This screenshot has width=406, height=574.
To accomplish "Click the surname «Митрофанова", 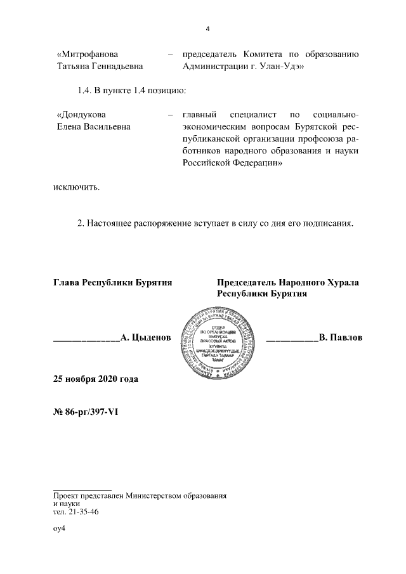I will (87, 54).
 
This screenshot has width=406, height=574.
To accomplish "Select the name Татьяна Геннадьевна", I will (100, 65).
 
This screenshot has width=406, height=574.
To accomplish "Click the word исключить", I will (76, 187).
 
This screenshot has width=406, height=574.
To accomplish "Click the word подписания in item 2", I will (331, 224).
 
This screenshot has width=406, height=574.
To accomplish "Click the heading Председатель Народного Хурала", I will (288, 282).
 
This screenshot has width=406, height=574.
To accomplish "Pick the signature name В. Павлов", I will (341, 338).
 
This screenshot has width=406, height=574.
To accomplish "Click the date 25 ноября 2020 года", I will (95, 379).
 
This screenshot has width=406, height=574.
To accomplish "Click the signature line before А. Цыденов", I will (86, 341).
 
